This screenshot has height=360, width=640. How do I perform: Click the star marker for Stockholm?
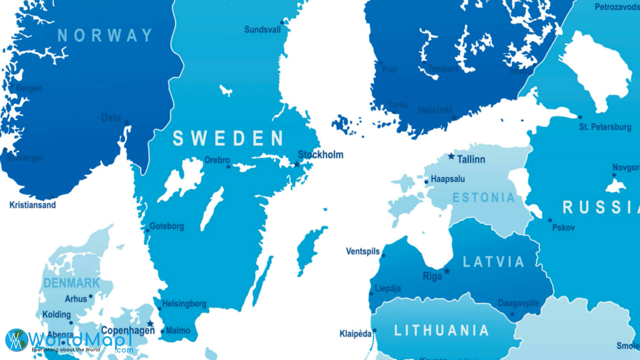(x=297, y=164)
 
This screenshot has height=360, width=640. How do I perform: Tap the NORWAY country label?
(x=105, y=35)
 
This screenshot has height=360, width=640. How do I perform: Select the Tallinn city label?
(x=471, y=159)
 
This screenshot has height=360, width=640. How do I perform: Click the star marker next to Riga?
(x=447, y=271)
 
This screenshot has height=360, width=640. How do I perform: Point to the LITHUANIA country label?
(x=442, y=330)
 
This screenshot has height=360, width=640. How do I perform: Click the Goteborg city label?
(x=167, y=226)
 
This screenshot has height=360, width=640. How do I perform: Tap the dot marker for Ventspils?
(x=383, y=256)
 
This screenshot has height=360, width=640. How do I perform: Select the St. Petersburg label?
(x=605, y=127)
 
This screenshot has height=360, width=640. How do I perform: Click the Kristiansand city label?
(x=32, y=205)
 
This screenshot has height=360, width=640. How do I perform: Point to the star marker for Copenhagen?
(x=150, y=324)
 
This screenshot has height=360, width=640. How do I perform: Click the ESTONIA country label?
(x=484, y=198)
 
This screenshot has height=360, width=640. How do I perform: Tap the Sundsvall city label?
(x=262, y=30)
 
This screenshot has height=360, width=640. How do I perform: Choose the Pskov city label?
(x=563, y=228)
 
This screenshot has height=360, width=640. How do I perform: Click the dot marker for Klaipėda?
(x=374, y=330)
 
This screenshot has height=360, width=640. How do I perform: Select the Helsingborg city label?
(x=184, y=304)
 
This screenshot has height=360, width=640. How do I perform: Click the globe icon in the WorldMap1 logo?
(x=16, y=340)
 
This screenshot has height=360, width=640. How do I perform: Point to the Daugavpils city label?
(x=518, y=303)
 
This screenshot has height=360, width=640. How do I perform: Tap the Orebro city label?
(x=217, y=160)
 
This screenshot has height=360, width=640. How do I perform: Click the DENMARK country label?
(x=72, y=283)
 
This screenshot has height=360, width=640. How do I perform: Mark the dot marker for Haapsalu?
(x=426, y=182)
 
